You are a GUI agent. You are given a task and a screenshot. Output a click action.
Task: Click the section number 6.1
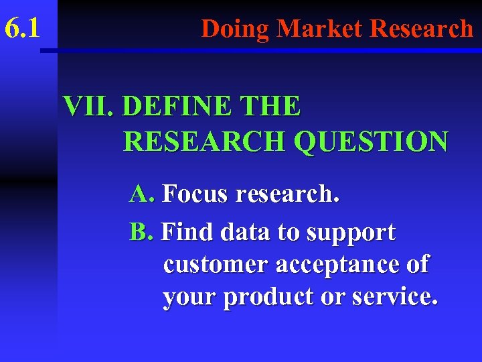22,29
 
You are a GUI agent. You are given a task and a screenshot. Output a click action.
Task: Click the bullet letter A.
141,194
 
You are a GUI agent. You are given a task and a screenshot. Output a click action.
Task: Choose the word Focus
195,194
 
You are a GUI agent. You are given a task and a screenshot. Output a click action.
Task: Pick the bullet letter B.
141,232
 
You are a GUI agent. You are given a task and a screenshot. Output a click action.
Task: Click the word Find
187,232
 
